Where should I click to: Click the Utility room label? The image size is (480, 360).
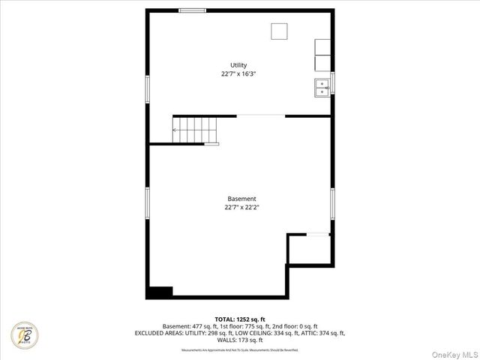point(238,65)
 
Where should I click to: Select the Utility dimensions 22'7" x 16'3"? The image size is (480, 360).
point(238,74)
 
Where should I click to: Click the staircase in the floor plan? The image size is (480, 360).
point(195,129)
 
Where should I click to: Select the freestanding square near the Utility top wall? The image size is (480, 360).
point(280,31)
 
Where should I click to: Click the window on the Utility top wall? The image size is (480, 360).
point(193,10)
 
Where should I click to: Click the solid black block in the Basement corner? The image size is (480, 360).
point(160,292)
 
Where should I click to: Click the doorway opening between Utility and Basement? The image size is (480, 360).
point(260,115)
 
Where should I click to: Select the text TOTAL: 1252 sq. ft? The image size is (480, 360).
point(240,319)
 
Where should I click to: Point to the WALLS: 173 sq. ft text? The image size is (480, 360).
point(240,340)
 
